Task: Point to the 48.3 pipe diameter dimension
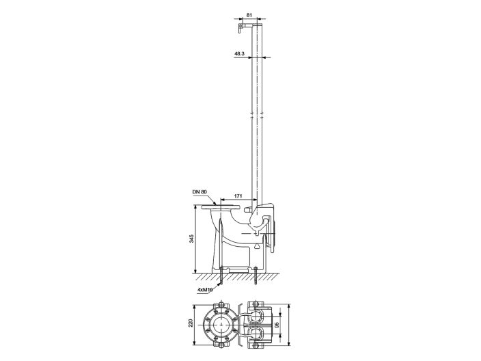tap(239, 53)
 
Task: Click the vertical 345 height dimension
tap(192, 239)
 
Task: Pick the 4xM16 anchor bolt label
tap(204, 290)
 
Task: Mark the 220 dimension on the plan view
tap(192, 324)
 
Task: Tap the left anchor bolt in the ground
tap(221, 280)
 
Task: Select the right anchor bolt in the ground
tap(256, 280)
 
